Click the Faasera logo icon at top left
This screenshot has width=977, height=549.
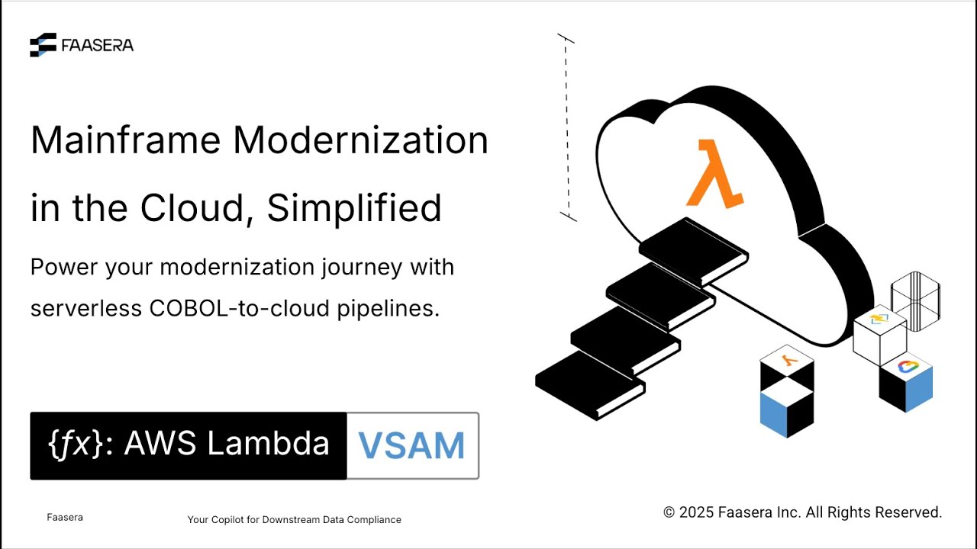43,45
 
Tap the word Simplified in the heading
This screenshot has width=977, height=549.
354,207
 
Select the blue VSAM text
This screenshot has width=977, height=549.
412,446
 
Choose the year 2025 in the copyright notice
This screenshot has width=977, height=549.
697,512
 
